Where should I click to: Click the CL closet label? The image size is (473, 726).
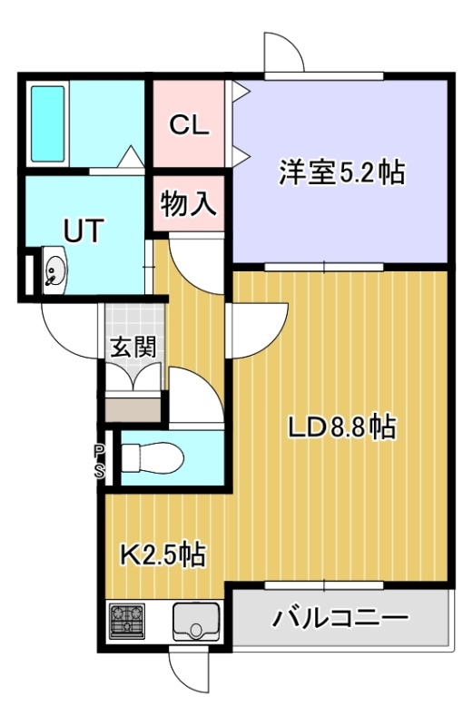(x=189, y=125)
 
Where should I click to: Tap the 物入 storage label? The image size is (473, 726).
(x=189, y=202)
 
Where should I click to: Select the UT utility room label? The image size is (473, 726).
(x=84, y=231)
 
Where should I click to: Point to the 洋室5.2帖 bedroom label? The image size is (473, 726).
(x=342, y=172)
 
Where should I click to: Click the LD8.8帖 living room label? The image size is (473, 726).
(x=342, y=427)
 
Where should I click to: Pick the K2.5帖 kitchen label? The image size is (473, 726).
(x=163, y=554)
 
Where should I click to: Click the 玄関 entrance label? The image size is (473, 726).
(x=133, y=347)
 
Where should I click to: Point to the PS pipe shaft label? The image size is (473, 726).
(x=100, y=461)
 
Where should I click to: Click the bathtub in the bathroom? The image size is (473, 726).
(x=48, y=123)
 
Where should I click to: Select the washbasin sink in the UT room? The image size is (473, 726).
(x=55, y=270)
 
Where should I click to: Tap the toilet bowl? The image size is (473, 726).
(x=152, y=458)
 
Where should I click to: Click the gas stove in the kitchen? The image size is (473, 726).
(x=127, y=620)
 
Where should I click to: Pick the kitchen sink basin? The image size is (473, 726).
(x=196, y=621)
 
